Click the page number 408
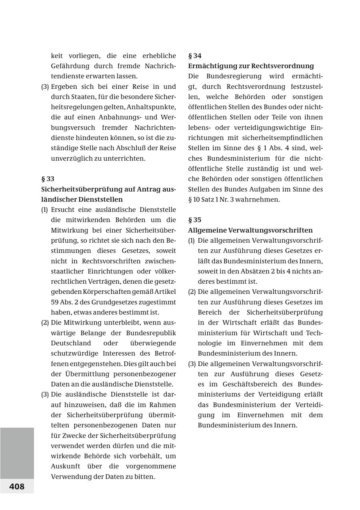pos(17,486)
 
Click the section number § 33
pos(48,179)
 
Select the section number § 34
pos(195,56)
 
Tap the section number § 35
pos(195,220)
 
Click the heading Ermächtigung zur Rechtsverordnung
pos(251,66)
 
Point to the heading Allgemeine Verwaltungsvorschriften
pos(250,230)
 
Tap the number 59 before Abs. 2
pos(54,302)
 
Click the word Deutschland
pos(71,343)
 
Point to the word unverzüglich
pos(70,158)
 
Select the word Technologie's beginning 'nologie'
pos(210,343)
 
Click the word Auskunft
pos(65,466)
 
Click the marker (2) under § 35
pos(192,292)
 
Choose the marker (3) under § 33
pos(45,394)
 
